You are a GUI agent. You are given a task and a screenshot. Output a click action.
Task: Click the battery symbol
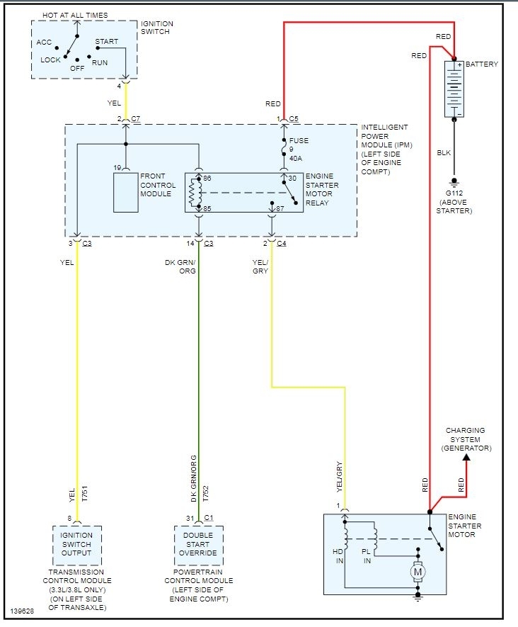tap(454, 89)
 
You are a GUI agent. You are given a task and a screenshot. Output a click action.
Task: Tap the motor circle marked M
tap(418, 571)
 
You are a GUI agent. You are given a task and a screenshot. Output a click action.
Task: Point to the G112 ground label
tap(454, 193)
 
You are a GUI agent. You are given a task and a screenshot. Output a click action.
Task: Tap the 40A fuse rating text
tap(296, 158)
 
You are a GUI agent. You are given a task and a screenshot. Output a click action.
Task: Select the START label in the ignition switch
tap(106, 42)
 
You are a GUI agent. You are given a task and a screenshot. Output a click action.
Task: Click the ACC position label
tap(44, 43)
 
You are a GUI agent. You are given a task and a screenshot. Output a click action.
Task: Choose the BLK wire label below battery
tap(444, 152)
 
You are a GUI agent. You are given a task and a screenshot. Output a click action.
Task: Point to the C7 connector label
tap(136, 118)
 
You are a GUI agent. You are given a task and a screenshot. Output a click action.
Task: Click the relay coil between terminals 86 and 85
tap(192, 192)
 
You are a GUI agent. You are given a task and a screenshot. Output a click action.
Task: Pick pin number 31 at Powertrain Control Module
tap(190, 518)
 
